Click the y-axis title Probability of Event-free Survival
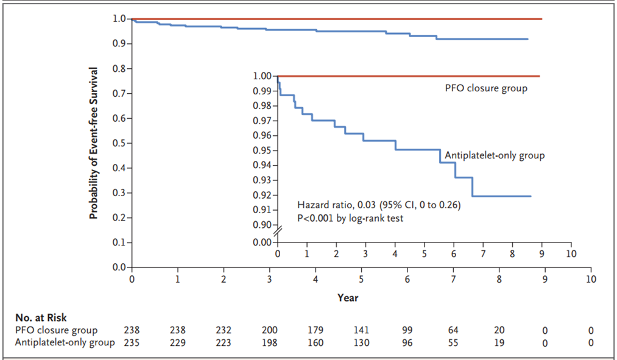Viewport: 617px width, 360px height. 93,143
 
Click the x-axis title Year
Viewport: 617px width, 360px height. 348,298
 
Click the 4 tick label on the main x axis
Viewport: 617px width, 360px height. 316,280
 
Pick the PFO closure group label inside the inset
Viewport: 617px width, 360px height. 486,88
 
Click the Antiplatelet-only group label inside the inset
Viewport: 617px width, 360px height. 495,155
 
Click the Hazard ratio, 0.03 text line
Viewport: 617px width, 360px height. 379,205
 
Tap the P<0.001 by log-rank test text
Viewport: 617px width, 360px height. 350,218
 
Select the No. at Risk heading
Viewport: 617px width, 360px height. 41,317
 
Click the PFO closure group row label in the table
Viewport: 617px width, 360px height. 56,331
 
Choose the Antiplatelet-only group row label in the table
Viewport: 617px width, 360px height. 65,343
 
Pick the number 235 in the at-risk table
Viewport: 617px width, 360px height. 132,343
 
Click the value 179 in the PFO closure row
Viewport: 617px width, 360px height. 316,330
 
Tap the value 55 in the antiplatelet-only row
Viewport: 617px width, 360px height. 453,343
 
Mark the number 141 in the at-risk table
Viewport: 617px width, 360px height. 361,330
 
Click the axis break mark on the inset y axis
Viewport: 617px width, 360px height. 278,232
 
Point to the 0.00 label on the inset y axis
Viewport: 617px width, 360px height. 262,242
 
